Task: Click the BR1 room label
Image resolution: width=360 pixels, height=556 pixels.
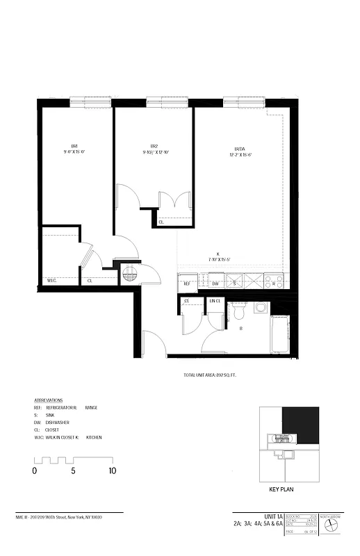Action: pyautogui.click(x=74, y=145)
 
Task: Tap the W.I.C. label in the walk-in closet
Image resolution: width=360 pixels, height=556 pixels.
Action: pyautogui.click(x=51, y=281)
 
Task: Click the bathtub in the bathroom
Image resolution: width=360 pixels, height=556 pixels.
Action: pyautogui.click(x=279, y=334)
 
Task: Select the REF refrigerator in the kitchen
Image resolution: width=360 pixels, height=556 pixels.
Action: pyautogui.click(x=187, y=284)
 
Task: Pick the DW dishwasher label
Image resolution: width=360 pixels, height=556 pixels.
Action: pyautogui.click(x=215, y=284)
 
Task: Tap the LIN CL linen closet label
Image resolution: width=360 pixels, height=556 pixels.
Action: pyautogui.click(x=215, y=300)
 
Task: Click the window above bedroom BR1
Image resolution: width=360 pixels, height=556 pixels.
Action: pyautogui.click(x=90, y=101)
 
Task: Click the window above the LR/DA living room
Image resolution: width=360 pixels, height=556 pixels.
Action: pyautogui.click(x=243, y=101)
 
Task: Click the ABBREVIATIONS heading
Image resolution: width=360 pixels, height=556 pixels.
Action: pyautogui.click(x=48, y=401)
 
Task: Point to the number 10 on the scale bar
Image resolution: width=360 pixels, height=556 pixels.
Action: pyautogui.click(x=112, y=471)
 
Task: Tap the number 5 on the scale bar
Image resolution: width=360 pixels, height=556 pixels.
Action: pyautogui.click(x=73, y=471)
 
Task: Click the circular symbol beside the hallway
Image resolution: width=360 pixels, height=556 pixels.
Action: pyautogui.click(x=130, y=275)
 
